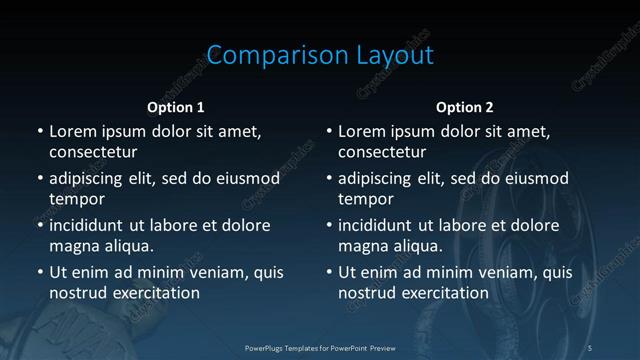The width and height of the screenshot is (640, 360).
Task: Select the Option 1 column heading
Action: [x=176, y=107]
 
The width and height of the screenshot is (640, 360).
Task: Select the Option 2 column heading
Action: [x=465, y=107]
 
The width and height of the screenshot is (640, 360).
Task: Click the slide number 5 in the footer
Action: [x=590, y=347]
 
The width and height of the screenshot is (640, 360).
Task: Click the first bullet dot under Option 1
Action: [x=40, y=132]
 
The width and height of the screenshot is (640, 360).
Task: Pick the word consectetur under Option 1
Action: [x=93, y=152]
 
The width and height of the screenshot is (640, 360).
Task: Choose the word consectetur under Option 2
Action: [x=382, y=152]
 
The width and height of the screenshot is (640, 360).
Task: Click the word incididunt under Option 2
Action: [x=376, y=226]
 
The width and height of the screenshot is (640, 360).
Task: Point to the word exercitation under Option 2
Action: [x=443, y=293]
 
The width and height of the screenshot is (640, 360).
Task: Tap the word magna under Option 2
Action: [x=363, y=246]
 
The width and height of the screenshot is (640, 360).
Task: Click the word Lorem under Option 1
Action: [x=72, y=132]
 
